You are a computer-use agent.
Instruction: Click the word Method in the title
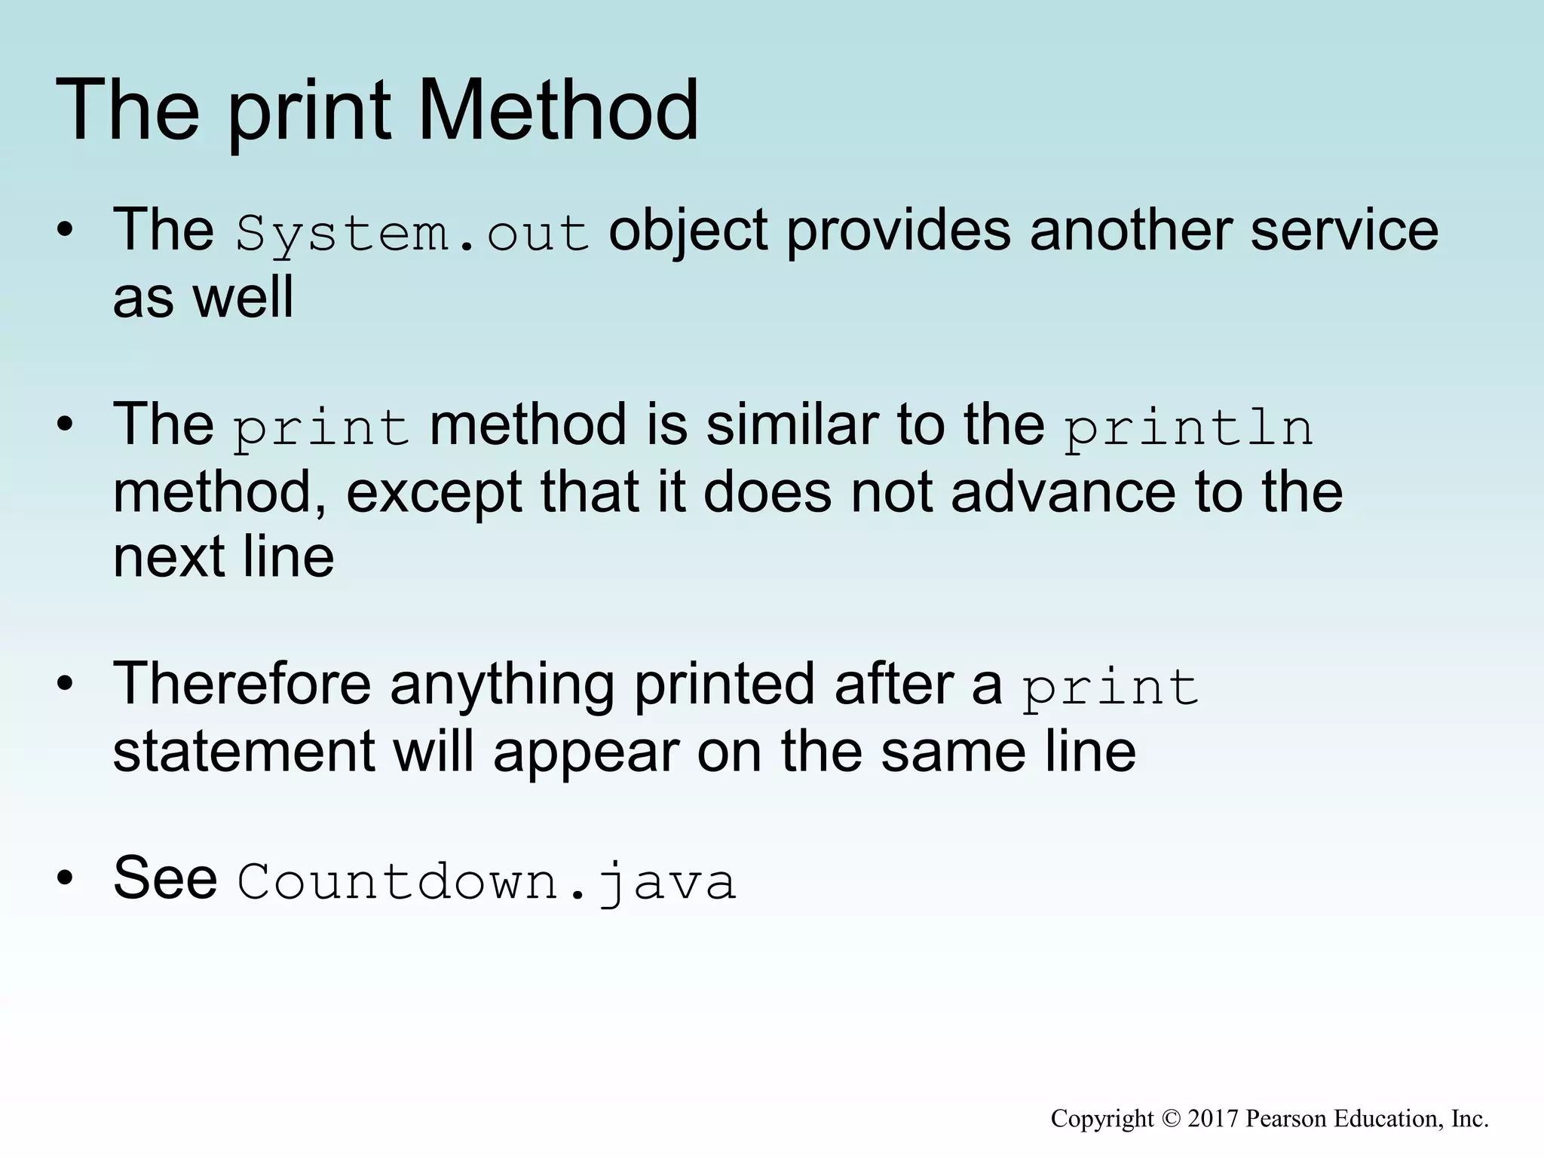click(557, 111)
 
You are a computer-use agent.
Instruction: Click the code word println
click(1188, 427)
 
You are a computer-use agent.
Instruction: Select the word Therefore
click(241, 684)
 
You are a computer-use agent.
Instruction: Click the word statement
click(244, 752)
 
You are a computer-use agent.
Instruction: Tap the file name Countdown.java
click(486, 881)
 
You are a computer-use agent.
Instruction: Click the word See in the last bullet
click(165, 878)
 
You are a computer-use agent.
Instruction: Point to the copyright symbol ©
click(1170, 1119)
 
